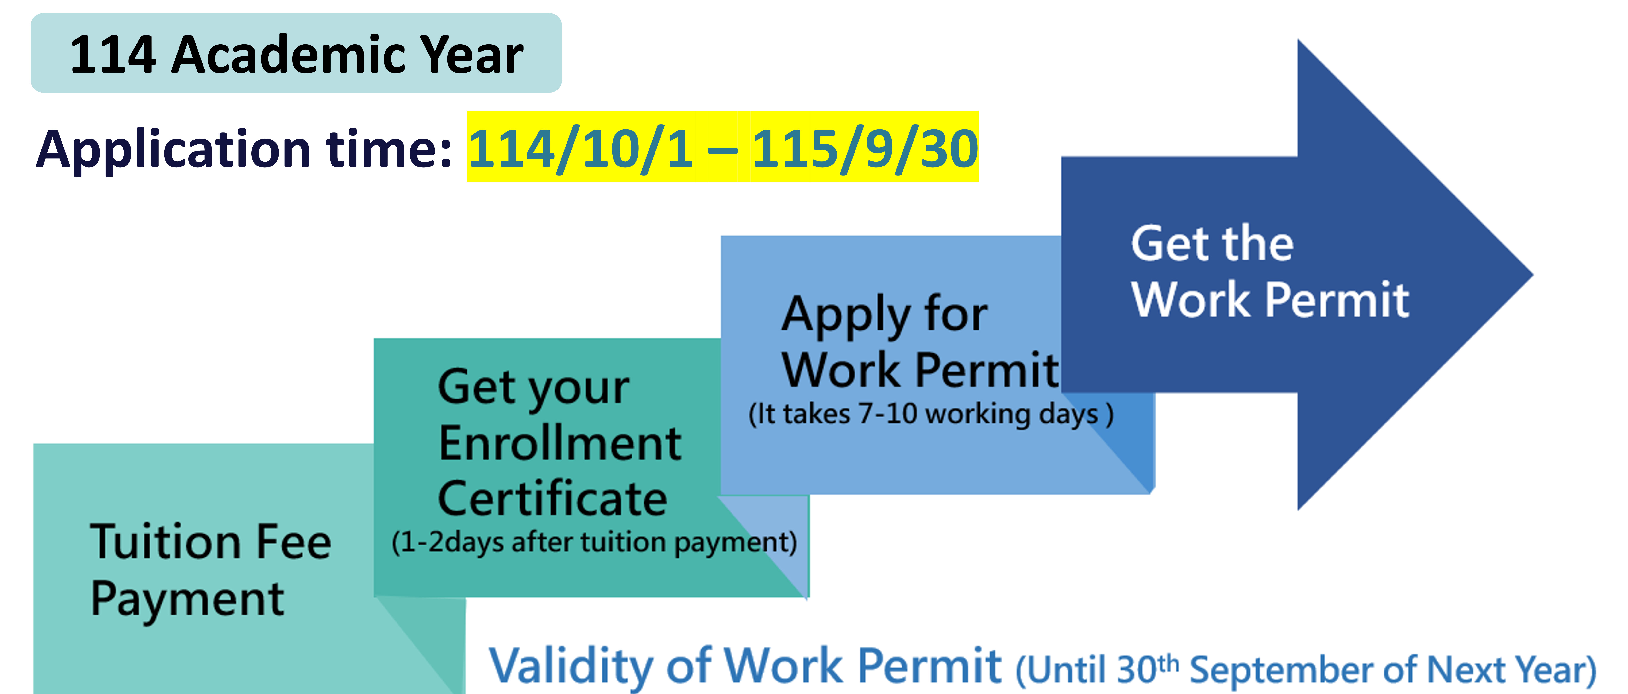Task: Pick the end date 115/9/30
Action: tap(865, 149)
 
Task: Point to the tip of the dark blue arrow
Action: tap(1533, 275)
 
